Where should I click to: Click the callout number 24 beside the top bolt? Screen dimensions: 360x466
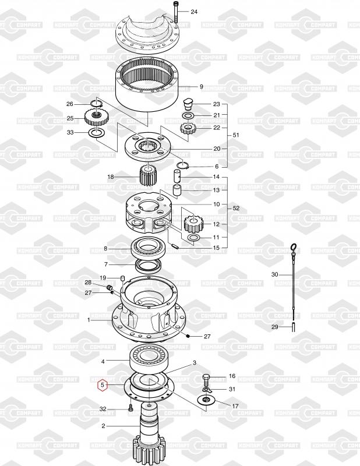tap(194, 12)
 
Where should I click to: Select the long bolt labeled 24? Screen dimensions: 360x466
tap(175, 12)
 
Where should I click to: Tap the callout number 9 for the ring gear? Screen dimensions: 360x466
tap(201, 87)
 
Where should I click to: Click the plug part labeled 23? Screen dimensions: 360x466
tap(188, 104)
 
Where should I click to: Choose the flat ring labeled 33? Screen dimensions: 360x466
tap(96, 133)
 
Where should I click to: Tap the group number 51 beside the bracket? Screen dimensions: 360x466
tap(236, 135)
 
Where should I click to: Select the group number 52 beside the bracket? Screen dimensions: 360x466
tap(236, 209)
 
